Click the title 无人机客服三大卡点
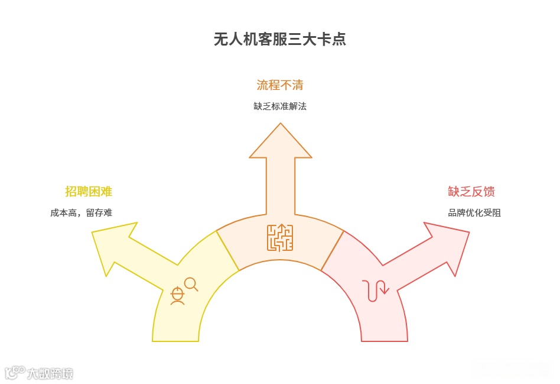(279, 40)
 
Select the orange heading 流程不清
(279, 85)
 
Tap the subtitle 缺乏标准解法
(279, 107)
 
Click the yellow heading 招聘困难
(89, 192)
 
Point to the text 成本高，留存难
(81, 212)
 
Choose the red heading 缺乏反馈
(471, 192)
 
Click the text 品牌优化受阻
(474, 212)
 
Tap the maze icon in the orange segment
(280, 237)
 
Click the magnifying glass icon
(191, 284)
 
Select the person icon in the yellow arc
(177, 295)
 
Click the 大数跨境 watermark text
(50, 373)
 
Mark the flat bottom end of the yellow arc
(175, 340)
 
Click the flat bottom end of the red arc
(385, 340)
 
